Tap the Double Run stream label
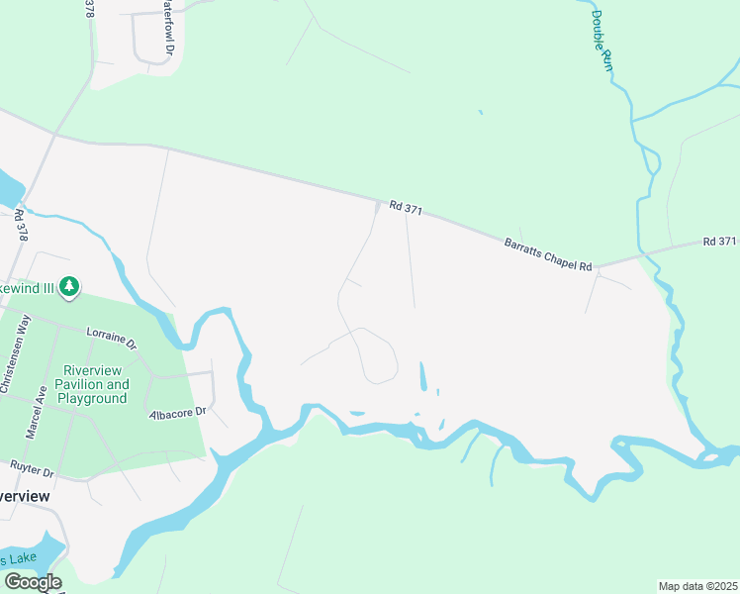602,40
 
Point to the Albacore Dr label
178,411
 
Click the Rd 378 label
22,229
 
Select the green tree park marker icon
68,287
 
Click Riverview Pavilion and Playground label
91,383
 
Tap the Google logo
33,582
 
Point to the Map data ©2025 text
697,586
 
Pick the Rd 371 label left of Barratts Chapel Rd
406,207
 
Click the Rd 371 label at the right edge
720,242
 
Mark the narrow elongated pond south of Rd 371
424,376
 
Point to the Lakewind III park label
28,287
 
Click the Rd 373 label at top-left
89,9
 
